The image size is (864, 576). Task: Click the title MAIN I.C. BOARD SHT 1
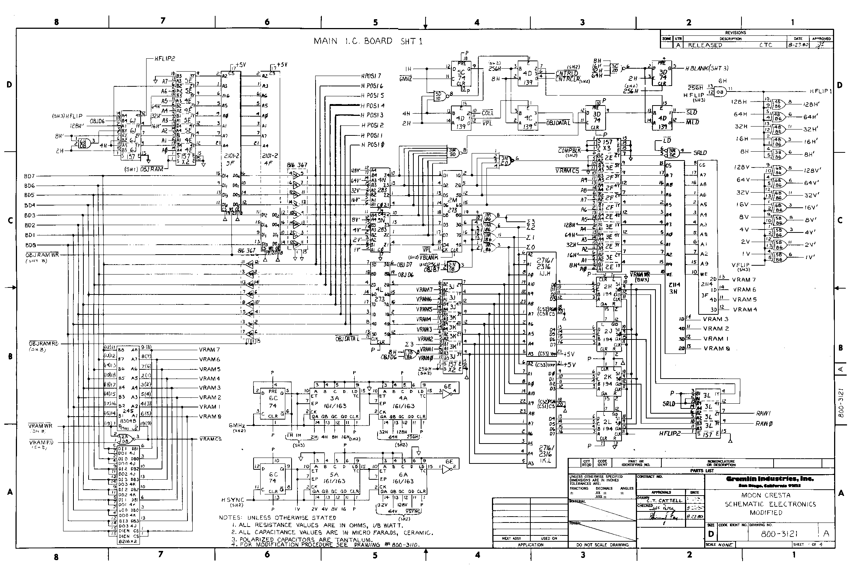pyautogui.click(x=368, y=41)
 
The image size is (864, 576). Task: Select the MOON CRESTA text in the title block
pyautogui.click(x=769, y=495)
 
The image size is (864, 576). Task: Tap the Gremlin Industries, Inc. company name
pyautogui.click(x=770, y=479)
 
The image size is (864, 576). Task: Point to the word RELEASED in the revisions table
pyautogui.click(x=705, y=45)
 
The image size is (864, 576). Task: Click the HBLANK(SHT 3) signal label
pyautogui.click(x=707, y=68)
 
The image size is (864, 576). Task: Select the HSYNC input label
pyautogui.click(x=233, y=500)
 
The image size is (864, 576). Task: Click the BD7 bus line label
pyautogui.click(x=30, y=176)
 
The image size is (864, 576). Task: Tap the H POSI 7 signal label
pyautogui.click(x=371, y=76)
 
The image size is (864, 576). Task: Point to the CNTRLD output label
pyautogui.click(x=567, y=73)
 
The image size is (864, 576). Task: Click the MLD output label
pyautogui.click(x=692, y=122)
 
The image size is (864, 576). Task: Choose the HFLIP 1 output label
pyautogui.click(x=820, y=91)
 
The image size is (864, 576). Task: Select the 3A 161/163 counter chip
pyautogui.click(x=334, y=402)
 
